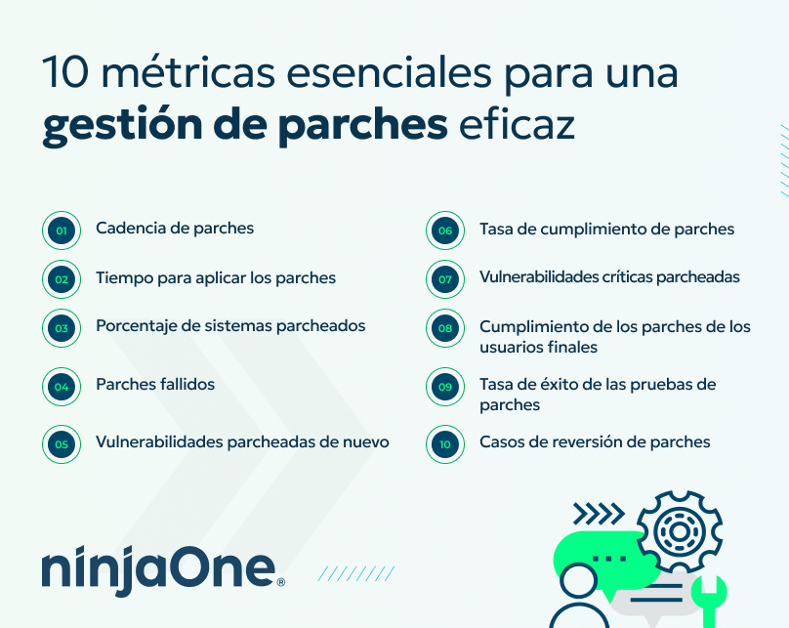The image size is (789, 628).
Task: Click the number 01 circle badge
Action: click(61, 231)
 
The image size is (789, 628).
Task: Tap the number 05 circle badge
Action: click(61, 443)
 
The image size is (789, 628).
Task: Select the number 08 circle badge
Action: click(445, 328)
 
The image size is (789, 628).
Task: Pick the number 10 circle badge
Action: click(445, 443)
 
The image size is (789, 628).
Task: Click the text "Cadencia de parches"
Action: click(175, 229)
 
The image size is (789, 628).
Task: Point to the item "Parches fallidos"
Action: click(155, 385)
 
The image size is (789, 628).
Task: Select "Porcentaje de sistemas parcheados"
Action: click(230, 326)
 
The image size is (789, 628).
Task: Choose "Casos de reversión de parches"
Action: click(595, 442)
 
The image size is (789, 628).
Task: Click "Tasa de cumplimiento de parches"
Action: click(606, 230)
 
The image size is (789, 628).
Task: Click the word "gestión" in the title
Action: click(119, 127)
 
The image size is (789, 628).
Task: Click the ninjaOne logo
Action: click(162, 571)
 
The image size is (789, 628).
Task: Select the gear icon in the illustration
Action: click(675, 531)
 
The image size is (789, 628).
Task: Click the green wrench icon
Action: click(707, 598)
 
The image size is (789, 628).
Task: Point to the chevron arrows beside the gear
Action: click(598, 513)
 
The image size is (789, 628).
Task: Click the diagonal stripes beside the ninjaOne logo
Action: click(356, 573)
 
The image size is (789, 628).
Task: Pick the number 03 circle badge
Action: click(61, 328)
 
